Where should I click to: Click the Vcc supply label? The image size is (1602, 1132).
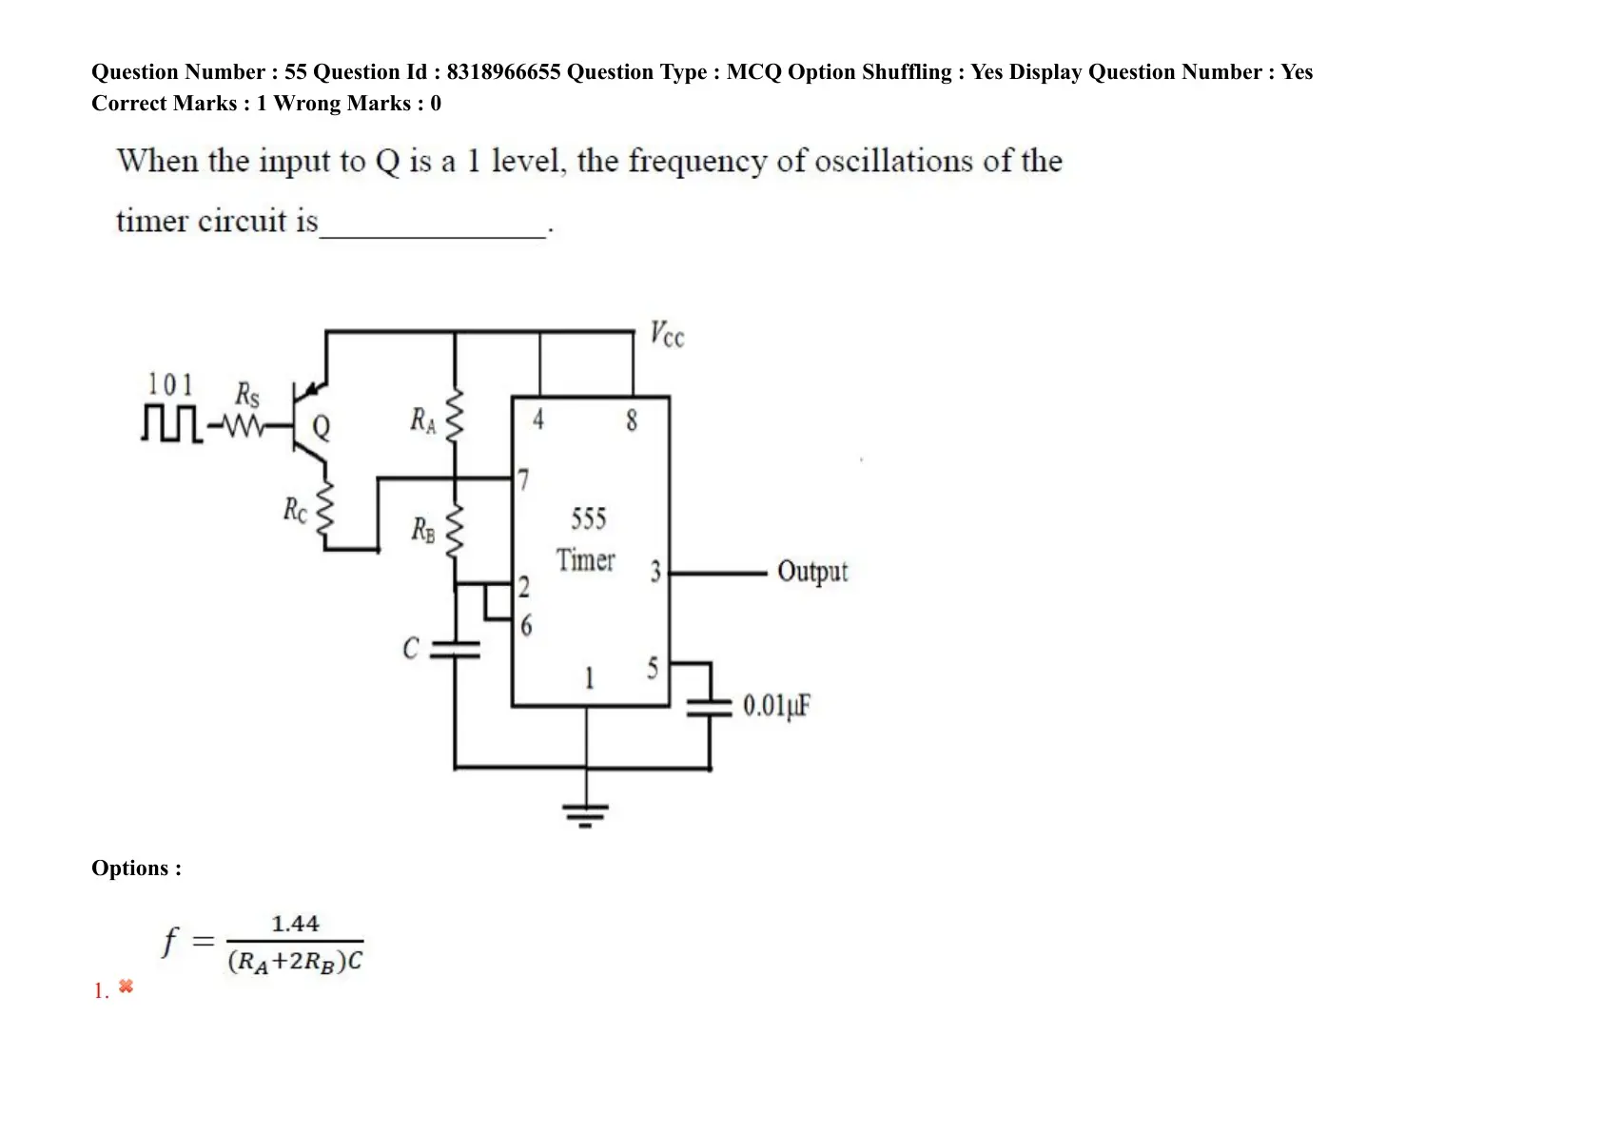667,334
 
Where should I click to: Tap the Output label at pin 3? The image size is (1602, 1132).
812,572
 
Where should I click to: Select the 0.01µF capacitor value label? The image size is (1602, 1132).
776,706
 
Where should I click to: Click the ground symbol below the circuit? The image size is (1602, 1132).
585,814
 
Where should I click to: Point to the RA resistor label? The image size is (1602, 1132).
422,420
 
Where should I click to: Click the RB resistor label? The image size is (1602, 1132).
422,530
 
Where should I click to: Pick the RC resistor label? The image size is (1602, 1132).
295,511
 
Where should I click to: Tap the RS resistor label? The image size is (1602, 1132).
247,396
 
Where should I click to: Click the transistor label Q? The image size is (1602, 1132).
322,428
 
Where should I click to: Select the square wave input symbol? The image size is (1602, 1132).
171,423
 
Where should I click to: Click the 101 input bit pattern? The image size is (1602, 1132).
170,384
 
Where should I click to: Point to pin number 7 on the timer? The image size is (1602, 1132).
523,479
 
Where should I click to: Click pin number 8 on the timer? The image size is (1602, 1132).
632,420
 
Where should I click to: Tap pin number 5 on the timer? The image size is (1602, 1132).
653,669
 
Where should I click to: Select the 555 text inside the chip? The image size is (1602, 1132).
589,519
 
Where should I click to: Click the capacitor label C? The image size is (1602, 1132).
411,649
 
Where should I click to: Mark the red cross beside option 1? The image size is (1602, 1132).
126,986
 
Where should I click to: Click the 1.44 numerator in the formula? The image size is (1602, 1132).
295,924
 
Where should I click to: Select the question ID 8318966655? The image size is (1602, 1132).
503,71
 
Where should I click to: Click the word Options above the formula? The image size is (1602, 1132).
131,868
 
